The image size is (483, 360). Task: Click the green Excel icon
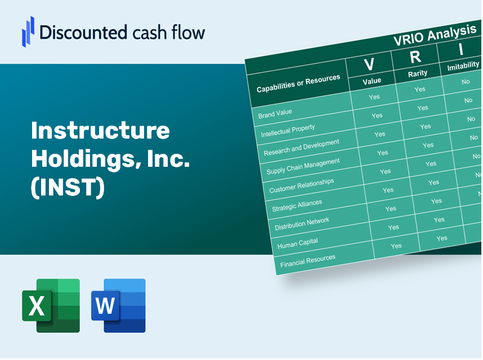click(x=51, y=305)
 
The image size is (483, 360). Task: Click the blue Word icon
click(x=118, y=305)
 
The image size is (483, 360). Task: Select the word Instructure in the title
click(x=100, y=131)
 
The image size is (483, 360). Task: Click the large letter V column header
click(x=369, y=64)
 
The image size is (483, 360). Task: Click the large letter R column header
click(x=415, y=56)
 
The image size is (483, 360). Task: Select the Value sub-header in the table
click(x=372, y=81)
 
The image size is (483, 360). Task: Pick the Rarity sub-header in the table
click(x=418, y=73)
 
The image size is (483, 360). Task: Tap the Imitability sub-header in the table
click(x=463, y=67)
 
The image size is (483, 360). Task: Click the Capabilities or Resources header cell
click(x=298, y=84)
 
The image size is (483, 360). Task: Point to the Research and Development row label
click(x=302, y=148)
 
